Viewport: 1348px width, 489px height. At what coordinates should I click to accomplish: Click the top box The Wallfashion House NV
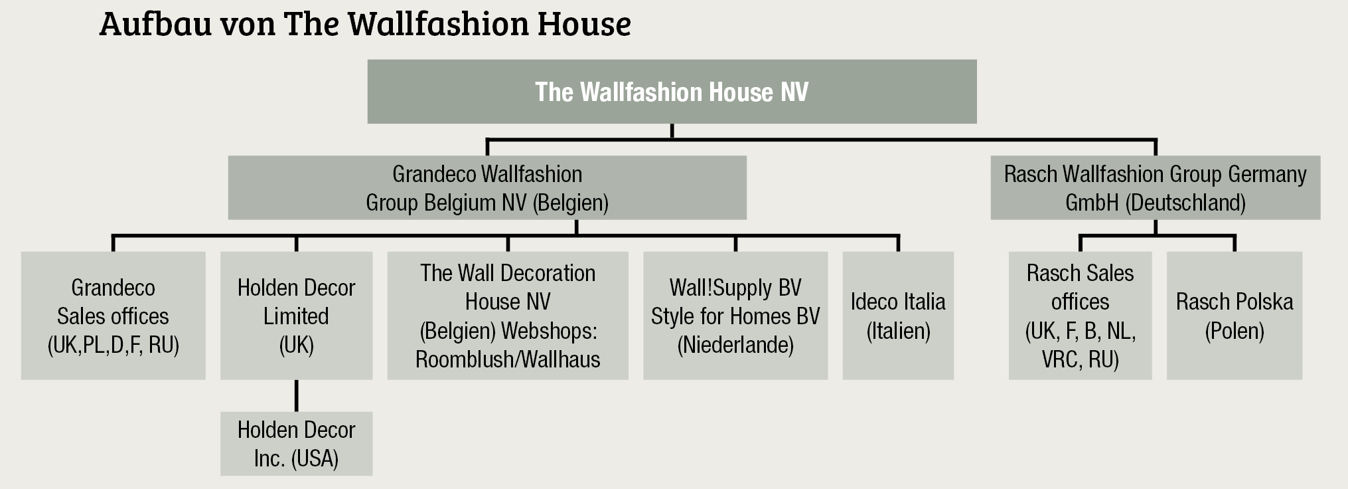click(672, 92)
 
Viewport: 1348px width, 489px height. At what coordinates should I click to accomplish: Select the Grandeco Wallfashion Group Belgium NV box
click(487, 188)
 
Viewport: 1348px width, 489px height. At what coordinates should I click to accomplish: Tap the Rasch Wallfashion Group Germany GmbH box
click(1155, 188)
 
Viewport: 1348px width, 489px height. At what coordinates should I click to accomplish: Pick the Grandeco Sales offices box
click(113, 316)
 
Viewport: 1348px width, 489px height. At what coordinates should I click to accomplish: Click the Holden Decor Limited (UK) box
click(296, 316)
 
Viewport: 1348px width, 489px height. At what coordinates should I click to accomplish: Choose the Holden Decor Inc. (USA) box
click(296, 444)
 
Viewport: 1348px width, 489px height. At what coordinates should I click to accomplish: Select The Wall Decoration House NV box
click(508, 316)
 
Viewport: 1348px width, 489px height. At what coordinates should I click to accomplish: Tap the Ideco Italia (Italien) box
click(898, 316)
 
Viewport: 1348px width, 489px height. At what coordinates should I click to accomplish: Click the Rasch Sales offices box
click(1080, 316)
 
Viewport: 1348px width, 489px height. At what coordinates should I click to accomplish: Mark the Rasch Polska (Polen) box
click(1235, 316)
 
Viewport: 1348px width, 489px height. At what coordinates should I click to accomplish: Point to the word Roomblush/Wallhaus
click(508, 359)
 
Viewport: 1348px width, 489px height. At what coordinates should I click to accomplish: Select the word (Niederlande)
click(735, 345)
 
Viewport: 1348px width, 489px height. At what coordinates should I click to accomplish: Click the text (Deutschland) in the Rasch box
click(1185, 203)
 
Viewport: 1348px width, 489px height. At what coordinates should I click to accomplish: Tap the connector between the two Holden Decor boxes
click(296, 395)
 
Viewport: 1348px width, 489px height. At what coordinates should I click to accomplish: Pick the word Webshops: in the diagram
click(549, 331)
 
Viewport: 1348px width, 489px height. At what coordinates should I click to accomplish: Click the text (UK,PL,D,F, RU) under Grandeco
click(113, 345)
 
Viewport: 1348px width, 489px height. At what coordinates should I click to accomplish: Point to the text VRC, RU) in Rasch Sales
click(1080, 359)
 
